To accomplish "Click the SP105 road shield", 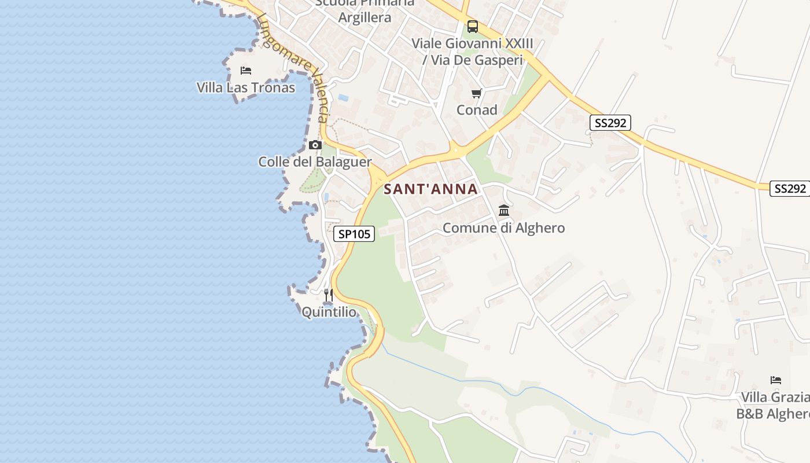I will (x=354, y=234).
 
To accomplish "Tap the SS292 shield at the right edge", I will (x=789, y=189).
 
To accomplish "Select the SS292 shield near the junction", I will (x=610, y=123).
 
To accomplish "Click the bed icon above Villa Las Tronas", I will (x=246, y=71).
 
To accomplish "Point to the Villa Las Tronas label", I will (x=246, y=88).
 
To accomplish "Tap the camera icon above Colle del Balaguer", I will (x=315, y=145).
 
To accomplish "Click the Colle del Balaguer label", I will (x=315, y=162).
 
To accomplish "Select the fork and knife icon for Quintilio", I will (x=329, y=295).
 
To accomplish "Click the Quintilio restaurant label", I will (x=329, y=313).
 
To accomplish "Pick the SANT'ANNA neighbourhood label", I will (x=431, y=189).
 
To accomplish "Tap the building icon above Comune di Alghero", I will (x=504, y=210).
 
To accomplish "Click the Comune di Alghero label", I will (x=504, y=228).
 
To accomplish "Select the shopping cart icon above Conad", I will (x=477, y=93).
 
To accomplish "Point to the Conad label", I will (x=477, y=110).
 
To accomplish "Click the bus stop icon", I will (x=473, y=26).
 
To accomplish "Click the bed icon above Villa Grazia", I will (x=776, y=380).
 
